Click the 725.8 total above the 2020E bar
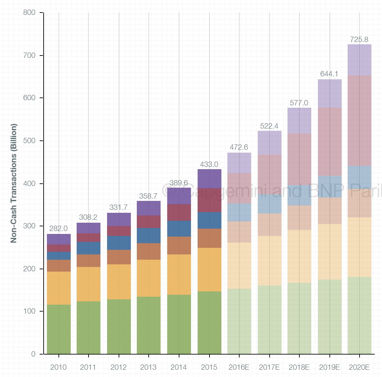coord(359,40)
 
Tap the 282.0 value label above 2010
coord(58,229)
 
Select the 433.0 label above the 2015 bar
coord(209,164)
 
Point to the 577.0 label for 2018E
coord(299,103)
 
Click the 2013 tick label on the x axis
coord(148,367)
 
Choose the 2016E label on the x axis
coord(239,367)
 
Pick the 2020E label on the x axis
coord(359,367)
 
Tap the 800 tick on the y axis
coord(29,13)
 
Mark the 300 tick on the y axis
coord(29,226)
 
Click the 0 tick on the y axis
coord(33,354)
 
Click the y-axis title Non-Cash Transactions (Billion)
coord(14,183)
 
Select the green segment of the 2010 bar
coord(59,329)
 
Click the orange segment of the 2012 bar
coord(119,282)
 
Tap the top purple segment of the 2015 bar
coord(210,179)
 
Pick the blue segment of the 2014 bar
coord(179,229)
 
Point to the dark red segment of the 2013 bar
coord(149,222)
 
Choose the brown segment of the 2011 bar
coord(89,261)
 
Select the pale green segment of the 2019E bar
coord(330,317)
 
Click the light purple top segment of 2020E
coord(360,60)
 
